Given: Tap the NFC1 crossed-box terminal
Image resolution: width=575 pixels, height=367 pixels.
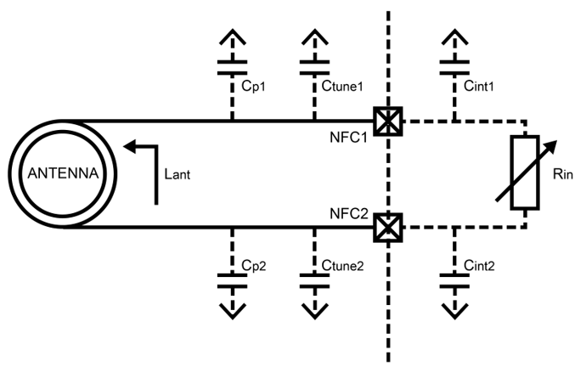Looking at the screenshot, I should click(388, 121).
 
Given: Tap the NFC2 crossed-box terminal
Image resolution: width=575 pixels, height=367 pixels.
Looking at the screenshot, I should click(388, 228).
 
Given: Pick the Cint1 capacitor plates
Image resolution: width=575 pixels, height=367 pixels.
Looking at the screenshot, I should click(455, 65).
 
